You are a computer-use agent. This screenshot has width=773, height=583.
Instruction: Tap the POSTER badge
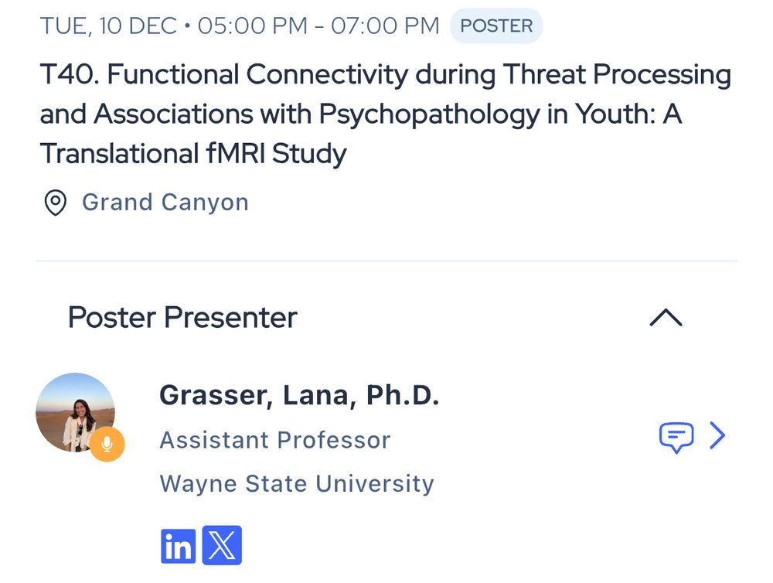point(496,26)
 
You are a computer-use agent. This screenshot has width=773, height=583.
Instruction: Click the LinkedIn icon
point(178,546)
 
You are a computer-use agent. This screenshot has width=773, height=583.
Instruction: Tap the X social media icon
point(222,545)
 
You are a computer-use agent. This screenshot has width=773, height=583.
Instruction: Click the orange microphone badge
point(107,444)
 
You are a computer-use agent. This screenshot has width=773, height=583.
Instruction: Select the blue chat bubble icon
point(676,437)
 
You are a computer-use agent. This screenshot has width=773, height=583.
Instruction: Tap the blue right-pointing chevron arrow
point(718,435)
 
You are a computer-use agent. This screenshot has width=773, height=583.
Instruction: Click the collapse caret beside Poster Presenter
point(666,317)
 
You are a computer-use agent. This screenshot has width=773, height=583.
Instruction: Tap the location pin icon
point(55,203)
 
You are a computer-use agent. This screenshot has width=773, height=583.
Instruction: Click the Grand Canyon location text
point(165,203)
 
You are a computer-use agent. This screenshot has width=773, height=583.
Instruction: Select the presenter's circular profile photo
point(75,412)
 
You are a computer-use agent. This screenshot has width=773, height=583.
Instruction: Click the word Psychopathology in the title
point(429,115)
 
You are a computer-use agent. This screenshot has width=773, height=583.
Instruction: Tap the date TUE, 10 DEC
point(108,26)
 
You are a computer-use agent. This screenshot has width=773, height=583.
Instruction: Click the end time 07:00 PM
point(385,26)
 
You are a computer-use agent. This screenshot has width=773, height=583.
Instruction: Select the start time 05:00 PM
point(253,26)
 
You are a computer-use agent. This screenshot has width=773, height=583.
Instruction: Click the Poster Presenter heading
point(182,317)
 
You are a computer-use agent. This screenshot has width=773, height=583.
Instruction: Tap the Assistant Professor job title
point(275,440)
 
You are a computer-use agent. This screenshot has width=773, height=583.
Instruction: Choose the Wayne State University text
point(297,483)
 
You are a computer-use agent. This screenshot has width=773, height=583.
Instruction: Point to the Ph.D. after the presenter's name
point(402,395)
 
